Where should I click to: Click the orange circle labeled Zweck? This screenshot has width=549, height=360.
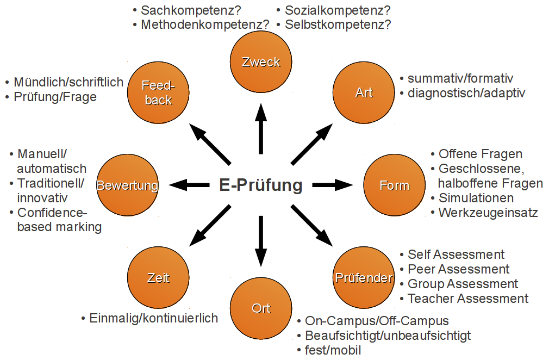point(261,61)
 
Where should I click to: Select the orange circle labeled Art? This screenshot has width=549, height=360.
point(364,92)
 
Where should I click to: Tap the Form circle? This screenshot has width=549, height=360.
point(394,185)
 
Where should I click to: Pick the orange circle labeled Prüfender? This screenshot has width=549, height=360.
point(364,278)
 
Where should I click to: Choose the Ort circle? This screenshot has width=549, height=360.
point(261,308)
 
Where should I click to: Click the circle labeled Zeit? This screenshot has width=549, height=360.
point(158,278)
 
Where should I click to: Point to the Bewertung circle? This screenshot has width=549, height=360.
point(127,185)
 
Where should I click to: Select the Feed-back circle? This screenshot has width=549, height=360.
point(158,92)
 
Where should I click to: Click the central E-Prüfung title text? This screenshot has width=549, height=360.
point(260,185)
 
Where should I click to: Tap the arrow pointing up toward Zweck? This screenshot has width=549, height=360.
point(261,128)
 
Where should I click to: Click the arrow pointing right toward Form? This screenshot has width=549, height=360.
point(332,185)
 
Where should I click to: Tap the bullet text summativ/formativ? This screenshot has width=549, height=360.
point(460,79)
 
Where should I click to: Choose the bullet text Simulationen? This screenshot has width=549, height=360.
point(476,197)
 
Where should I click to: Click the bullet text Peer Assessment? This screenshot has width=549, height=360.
point(458,269)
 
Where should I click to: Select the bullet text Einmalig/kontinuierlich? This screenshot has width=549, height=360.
point(153,318)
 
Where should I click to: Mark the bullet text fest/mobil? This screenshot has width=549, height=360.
point(333,350)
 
